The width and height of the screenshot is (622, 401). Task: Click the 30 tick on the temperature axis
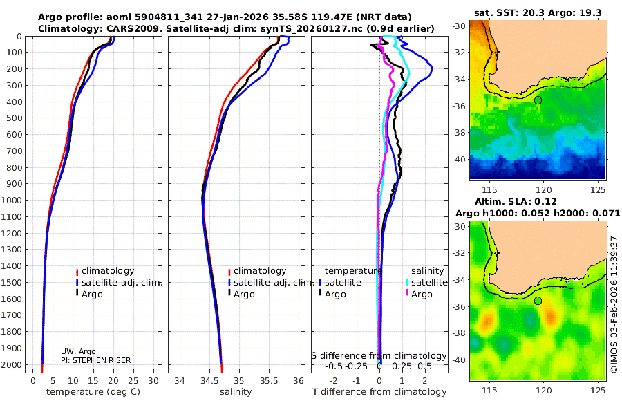click(154, 380)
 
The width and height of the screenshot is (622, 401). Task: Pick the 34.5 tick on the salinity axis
click(209, 380)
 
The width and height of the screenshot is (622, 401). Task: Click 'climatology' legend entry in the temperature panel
click(107, 271)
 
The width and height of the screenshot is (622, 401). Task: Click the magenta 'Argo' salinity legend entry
click(422, 295)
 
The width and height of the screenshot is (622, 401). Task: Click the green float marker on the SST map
click(538, 100)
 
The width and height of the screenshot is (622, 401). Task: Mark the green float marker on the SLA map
click(538, 301)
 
